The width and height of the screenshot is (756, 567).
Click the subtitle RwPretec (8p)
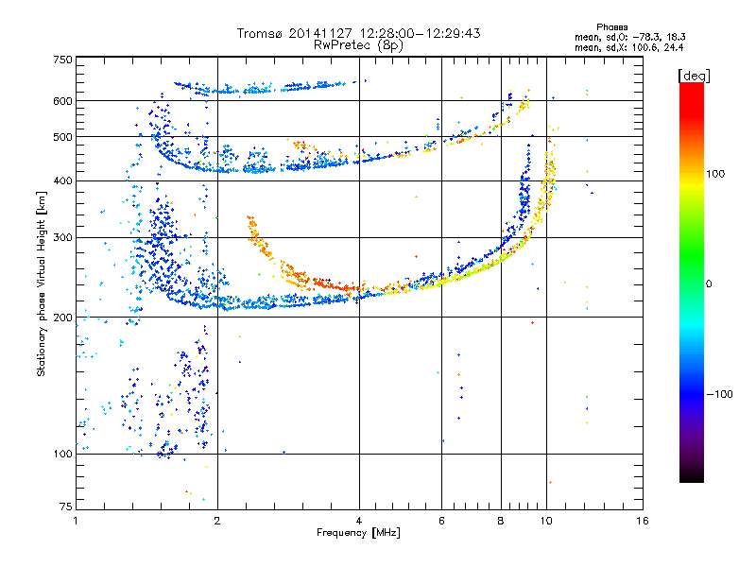point(358,45)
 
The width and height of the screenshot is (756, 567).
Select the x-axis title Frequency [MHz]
point(358,532)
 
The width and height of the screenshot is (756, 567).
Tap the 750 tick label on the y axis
point(63,60)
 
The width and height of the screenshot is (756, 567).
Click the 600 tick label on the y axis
point(63,101)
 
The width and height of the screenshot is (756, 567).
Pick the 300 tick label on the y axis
point(63,237)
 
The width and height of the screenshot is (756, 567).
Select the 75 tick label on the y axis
point(66,507)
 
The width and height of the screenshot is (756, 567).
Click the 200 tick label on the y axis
point(63,318)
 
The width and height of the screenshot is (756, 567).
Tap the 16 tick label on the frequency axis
point(643,521)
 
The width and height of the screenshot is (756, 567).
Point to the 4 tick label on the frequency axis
point(359,521)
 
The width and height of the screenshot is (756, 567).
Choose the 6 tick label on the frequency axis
point(441,521)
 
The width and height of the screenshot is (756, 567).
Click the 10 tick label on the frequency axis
point(546,521)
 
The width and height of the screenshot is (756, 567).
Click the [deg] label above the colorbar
point(694,76)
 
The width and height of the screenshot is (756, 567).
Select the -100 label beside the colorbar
point(720,394)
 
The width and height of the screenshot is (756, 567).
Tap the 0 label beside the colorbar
point(709,283)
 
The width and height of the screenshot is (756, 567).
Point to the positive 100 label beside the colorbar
point(715,174)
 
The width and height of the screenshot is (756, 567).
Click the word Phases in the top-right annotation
point(611,27)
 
